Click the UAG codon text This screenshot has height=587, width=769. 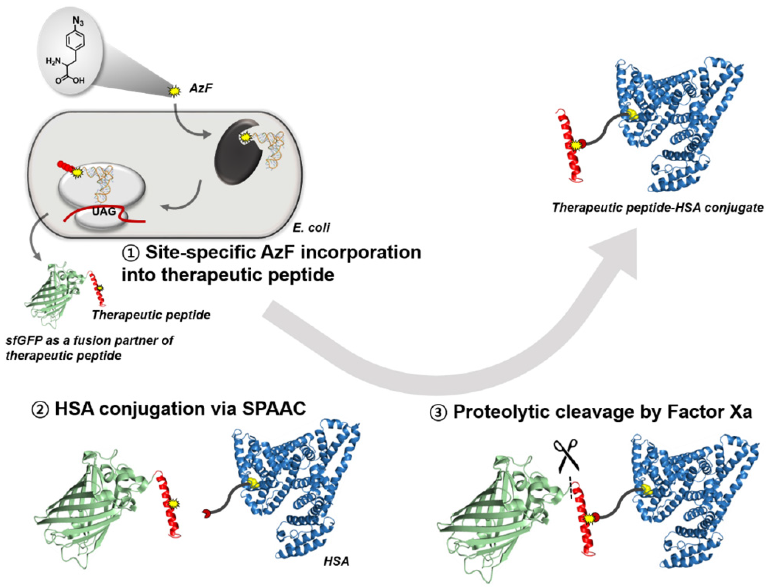[x=104, y=211]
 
